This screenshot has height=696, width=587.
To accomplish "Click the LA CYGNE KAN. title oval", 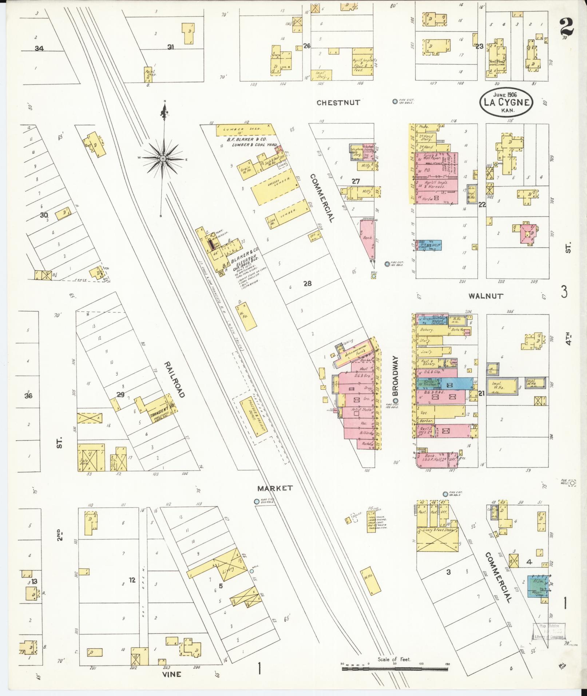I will click(506, 102).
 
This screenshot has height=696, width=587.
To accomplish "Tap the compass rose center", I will click(163, 159).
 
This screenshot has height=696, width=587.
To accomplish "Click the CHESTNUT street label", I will click(338, 103).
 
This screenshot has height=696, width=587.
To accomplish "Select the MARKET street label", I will click(275, 488).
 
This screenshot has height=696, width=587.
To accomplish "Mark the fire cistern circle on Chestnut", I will click(395, 102).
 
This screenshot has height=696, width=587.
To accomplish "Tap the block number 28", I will click(308, 283).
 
